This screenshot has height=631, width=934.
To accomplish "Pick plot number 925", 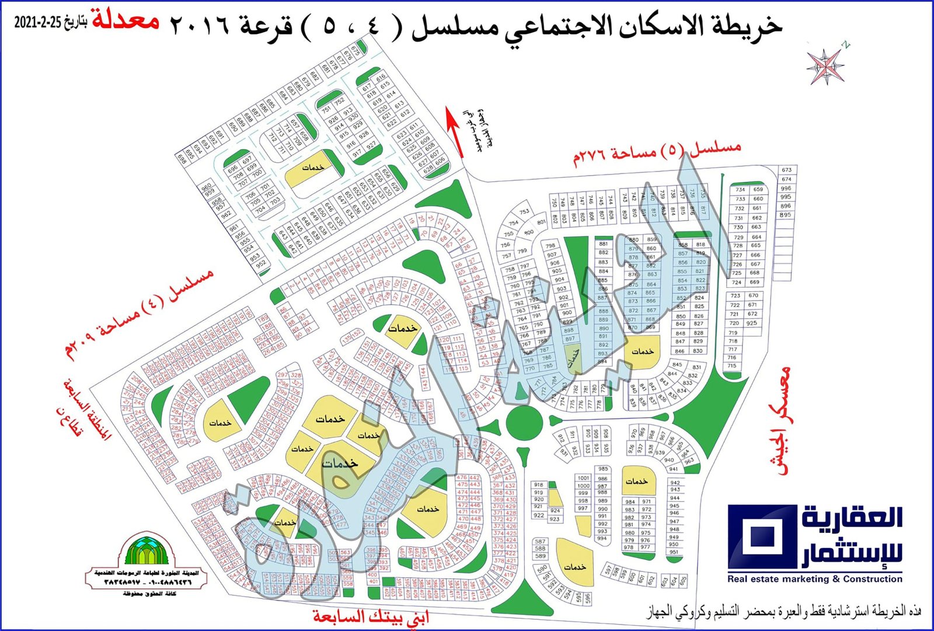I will [x=752, y=323].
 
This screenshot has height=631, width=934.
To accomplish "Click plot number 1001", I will [x=583, y=477].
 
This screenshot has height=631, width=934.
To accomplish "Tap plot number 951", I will [x=674, y=552].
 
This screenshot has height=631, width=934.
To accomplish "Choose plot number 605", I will [x=683, y=580].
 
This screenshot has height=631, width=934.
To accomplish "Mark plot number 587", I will [x=540, y=542].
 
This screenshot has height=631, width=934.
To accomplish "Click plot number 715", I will [x=732, y=366].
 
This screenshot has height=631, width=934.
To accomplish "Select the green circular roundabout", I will [x=522, y=421].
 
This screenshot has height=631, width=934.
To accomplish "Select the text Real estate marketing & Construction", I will [x=815, y=579].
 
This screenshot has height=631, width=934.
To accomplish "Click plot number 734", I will [x=740, y=190].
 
